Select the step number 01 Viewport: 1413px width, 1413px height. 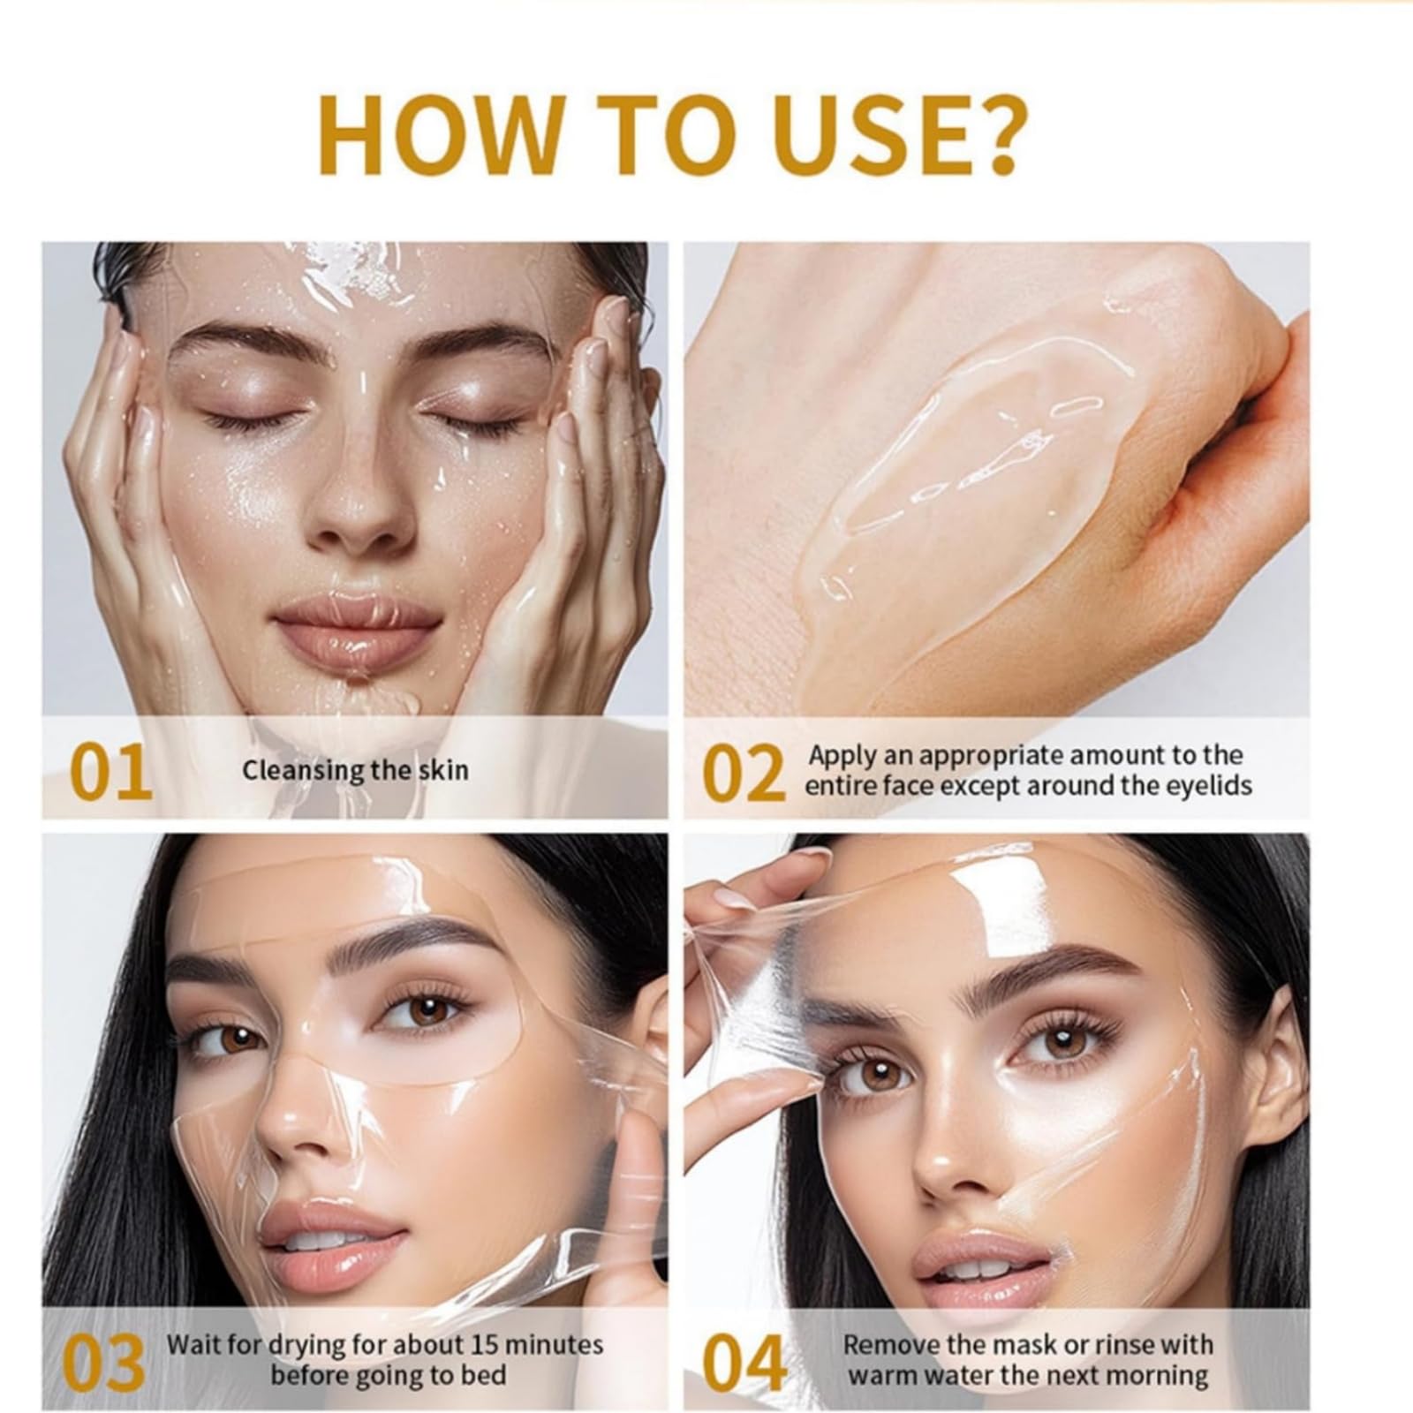point(110,772)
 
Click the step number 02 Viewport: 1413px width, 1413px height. point(743,773)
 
